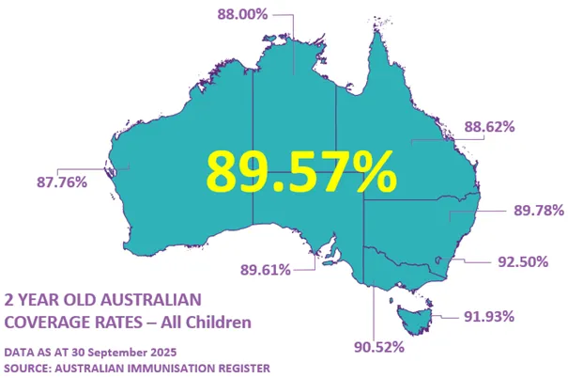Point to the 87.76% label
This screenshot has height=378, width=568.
(x=61, y=182)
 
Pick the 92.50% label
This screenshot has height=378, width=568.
(x=523, y=262)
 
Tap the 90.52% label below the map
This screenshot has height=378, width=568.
(x=379, y=347)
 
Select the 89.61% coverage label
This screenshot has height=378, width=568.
(x=266, y=269)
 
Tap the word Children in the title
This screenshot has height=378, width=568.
(x=220, y=323)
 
